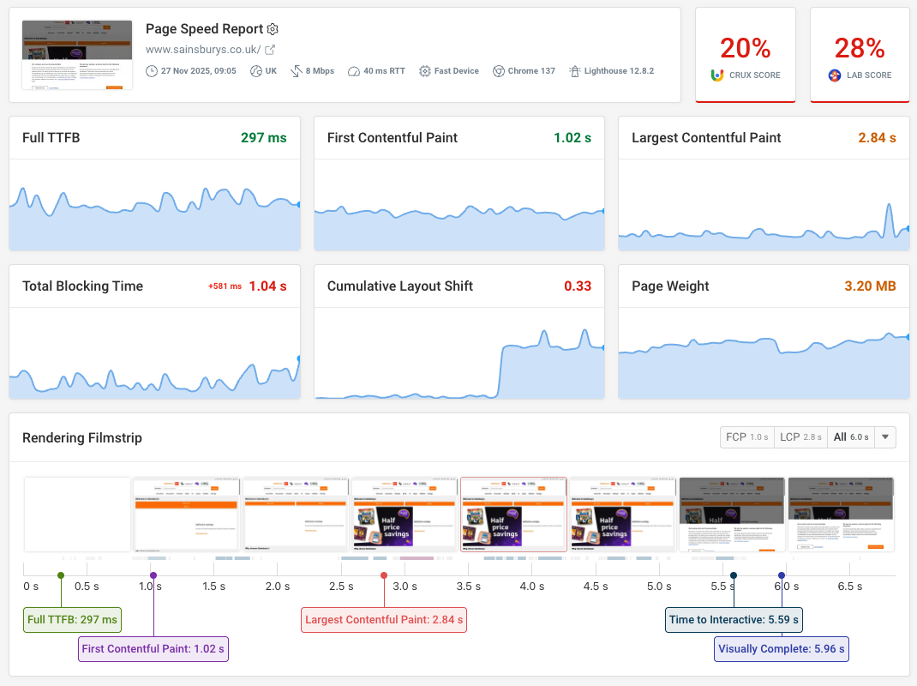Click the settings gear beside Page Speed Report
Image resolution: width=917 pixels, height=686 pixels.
[x=273, y=29]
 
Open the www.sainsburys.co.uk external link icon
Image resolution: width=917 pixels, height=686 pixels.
[x=270, y=50]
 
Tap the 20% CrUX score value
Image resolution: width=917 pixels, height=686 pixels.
[x=745, y=48]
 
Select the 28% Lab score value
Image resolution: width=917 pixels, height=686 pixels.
[x=860, y=48]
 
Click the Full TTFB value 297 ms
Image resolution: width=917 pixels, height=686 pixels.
[x=264, y=137]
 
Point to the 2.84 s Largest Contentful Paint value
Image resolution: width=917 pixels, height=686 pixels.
[x=877, y=137]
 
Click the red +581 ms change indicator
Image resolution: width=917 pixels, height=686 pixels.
[x=225, y=286]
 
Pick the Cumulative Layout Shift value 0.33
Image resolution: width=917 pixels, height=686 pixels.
[x=578, y=286]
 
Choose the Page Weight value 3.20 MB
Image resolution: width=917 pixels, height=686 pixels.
[x=870, y=286]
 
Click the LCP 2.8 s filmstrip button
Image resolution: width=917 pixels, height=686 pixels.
[x=800, y=437]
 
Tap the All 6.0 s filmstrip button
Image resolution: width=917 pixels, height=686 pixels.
[x=851, y=437]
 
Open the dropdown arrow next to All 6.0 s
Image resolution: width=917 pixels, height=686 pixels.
[x=886, y=437]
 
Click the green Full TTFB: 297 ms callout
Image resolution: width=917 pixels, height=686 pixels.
[x=73, y=619]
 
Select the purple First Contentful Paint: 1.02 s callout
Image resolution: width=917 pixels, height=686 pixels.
[x=153, y=648]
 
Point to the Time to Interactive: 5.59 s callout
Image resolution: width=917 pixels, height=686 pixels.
[x=734, y=619]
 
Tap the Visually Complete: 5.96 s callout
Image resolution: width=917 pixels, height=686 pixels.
[x=782, y=648]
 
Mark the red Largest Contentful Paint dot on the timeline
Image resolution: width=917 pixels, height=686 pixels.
[x=384, y=575]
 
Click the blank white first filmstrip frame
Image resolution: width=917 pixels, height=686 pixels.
[x=77, y=514]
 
